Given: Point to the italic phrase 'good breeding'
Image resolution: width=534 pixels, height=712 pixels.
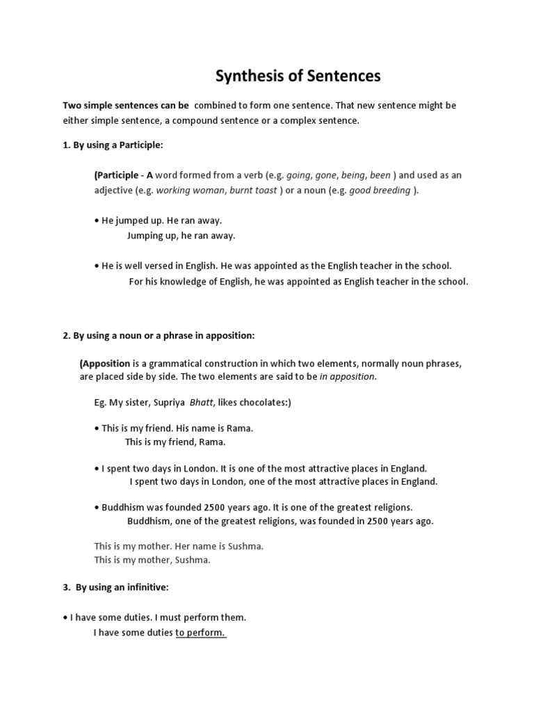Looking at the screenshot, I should pyautogui.click(x=380, y=190).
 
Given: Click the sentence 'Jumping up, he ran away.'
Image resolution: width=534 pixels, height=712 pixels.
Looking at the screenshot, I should pyautogui.click(x=181, y=235).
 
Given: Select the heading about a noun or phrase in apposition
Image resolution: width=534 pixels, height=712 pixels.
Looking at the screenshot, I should pyautogui.click(x=159, y=336).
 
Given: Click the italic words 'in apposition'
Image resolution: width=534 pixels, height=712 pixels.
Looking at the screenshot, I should pyautogui.click(x=347, y=376).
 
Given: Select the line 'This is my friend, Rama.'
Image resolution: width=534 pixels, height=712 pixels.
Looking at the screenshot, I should pyautogui.click(x=175, y=442).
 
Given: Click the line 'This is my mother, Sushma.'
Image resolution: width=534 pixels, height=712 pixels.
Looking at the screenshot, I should pyautogui.click(x=152, y=559).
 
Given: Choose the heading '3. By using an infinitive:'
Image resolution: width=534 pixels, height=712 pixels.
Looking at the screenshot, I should pyautogui.click(x=115, y=588).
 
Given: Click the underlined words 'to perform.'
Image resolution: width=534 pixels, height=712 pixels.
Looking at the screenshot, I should pyautogui.click(x=201, y=632).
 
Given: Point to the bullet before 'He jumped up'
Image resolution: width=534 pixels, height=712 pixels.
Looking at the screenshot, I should pyautogui.click(x=96, y=220).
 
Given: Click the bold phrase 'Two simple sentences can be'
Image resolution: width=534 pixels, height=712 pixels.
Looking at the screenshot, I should pyautogui.click(x=126, y=106).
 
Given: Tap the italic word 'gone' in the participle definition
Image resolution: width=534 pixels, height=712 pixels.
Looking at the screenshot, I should pyautogui.click(x=325, y=175).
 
